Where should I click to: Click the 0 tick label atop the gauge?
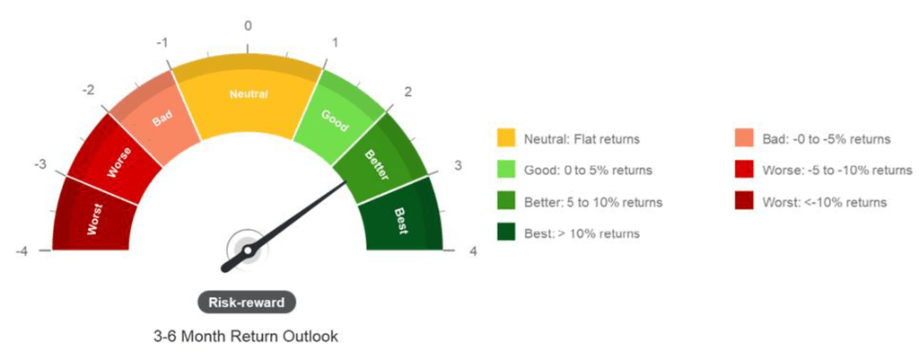click(x=249, y=25)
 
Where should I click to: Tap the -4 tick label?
click(x=21, y=251)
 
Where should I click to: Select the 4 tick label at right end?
click(x=473, y=251)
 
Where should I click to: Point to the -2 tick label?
click(x=88, y=91)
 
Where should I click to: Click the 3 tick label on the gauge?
click(x=458, y=165)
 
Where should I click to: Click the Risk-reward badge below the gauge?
click(x=247, y=303)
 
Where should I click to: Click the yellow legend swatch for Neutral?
click(x=506, y=138)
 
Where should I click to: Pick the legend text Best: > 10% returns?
click(x=582, y=233)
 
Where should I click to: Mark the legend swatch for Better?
click(x=506, y=202)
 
